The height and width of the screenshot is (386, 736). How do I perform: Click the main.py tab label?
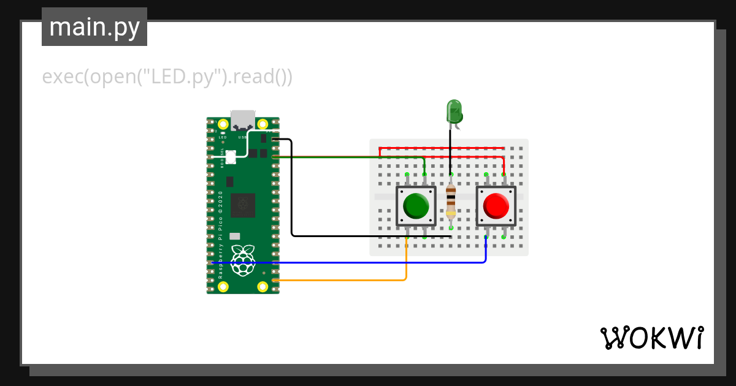tap(94, 28)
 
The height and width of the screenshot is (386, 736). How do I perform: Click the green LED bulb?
tap(454, 112)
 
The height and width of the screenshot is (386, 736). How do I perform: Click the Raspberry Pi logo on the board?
tap(243, 259)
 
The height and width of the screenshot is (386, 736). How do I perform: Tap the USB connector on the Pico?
tap(243, 119)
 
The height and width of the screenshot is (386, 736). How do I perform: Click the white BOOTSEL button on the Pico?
tap(231, 157)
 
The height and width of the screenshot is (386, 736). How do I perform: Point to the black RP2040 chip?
tap(243, 205)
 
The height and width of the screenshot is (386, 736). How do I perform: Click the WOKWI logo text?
tap(651, 338)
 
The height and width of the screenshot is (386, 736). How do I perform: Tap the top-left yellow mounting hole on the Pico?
tap(223, 123)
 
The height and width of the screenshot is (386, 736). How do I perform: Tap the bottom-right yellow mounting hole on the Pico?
tap(263, 286)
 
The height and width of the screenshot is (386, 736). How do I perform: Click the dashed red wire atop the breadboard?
tap(442, 148)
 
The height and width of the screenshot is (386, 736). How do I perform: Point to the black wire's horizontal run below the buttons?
tap(368, 236)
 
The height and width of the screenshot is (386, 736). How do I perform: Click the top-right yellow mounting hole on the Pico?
tap(263, 123)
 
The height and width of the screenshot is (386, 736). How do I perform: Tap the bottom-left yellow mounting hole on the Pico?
tap(223, 286)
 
